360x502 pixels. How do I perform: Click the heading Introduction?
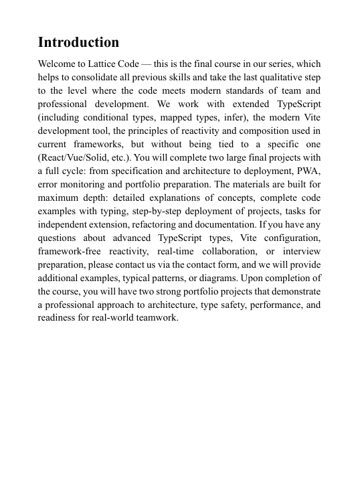click(78, 43)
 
